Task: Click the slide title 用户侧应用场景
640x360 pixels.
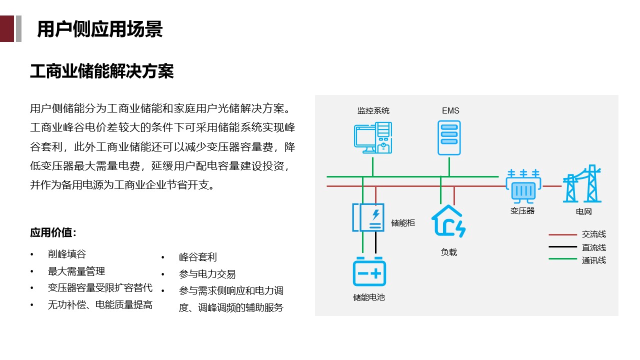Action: point(100,29)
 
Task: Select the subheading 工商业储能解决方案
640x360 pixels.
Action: point(102,71)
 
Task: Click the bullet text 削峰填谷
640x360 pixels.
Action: point(67,254)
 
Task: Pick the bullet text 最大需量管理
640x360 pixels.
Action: point(76,271)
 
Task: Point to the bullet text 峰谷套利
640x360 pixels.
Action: point(198,257)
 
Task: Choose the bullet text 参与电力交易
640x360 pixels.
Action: point(207,274)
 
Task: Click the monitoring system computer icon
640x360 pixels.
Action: point(373,138)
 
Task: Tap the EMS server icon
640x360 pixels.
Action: point(449,138)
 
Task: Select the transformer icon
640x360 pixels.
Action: point(523,186)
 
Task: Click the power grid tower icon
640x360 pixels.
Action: point(582,184)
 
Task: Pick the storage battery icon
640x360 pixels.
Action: point(369,272)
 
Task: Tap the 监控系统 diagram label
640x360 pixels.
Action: point(373,110)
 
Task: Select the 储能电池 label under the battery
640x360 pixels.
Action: point(369,297)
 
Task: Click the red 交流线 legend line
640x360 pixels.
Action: point(562,234)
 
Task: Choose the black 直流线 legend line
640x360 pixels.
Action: point(562,247)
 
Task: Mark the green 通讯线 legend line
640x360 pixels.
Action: point(562,259)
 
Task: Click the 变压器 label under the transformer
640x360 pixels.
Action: point(522,211)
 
